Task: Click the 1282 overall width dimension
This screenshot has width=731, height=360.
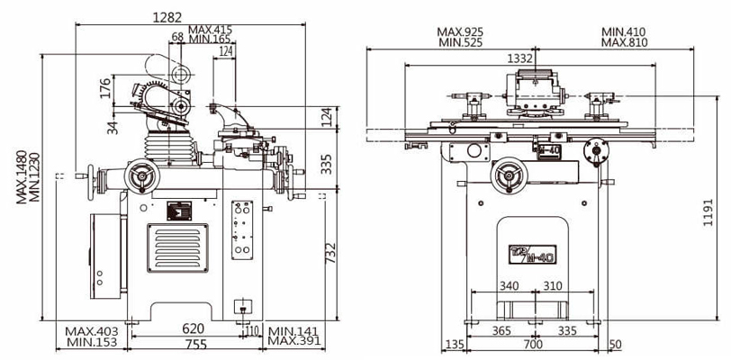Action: click(x=167, y=17)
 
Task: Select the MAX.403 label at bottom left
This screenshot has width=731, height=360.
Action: click(x=92, y=330)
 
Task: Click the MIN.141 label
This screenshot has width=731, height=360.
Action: click(x=294, y=330)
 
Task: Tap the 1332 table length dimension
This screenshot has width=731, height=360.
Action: click(x=520, y=58)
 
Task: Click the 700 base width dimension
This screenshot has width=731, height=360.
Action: click(x=535, y=344)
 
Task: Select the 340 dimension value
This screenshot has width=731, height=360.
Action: click(x=510, y=285)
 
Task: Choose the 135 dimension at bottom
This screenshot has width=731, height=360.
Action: click(x=454, y=344)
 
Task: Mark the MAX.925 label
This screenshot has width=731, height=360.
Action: click(x=462, y=31)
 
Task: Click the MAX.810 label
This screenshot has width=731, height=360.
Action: click(x=624, y=43)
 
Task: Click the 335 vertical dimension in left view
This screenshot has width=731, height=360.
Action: click(x=329, y=163)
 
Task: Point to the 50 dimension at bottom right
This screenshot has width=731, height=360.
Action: click(x=615, y=344)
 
